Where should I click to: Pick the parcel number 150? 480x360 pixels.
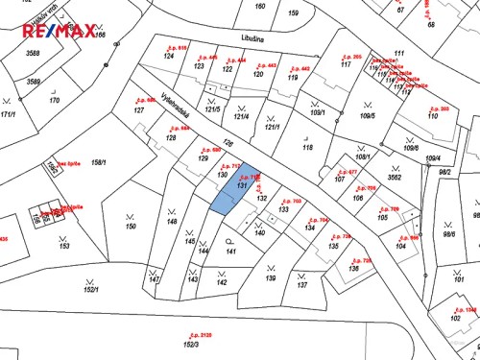point(131,227)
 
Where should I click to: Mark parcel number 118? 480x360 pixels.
point(307,147)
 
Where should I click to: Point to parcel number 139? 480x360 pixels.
point(271,278)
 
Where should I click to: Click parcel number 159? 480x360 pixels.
point(293,12)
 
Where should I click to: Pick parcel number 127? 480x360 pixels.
point(138,110)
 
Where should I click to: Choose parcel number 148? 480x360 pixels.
point(172,222)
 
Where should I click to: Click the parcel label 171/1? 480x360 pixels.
point(9,113)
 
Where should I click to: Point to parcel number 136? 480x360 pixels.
point(353,268)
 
